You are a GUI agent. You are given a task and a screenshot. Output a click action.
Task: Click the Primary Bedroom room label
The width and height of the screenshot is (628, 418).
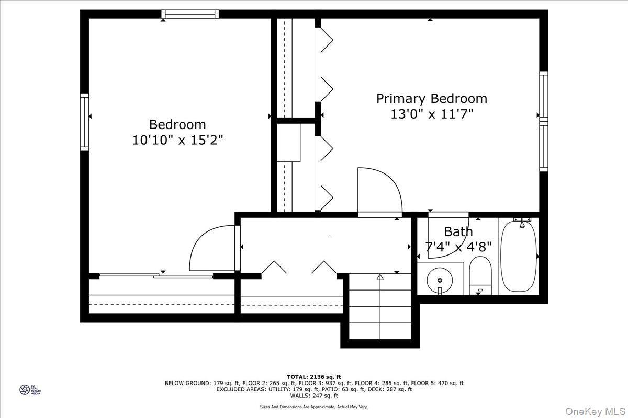432,98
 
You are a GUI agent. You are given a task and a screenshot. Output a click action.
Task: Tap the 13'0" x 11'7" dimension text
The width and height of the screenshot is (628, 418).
432,114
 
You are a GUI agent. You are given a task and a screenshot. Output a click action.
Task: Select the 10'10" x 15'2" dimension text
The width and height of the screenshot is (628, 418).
178,141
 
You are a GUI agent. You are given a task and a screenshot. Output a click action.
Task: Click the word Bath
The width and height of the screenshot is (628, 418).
458,231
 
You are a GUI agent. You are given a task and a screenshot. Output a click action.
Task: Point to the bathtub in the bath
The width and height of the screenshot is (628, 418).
519,256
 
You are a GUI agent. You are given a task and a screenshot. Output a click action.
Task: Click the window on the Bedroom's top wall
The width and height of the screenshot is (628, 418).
190,14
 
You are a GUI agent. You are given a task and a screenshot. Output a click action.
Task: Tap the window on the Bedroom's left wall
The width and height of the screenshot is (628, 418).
84,122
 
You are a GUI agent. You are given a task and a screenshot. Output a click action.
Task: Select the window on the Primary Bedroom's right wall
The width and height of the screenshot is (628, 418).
544,121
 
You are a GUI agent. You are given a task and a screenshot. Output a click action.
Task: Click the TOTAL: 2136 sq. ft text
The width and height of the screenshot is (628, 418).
314,376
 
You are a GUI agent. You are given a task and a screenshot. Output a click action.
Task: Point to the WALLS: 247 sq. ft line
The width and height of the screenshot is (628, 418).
314,396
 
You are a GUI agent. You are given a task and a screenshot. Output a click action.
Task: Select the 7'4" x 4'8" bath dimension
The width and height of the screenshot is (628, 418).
458,247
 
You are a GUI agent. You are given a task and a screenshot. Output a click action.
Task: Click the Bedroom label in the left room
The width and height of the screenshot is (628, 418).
177,124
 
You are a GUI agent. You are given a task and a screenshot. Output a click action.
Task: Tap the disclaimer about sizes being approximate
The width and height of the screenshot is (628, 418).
314,407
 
